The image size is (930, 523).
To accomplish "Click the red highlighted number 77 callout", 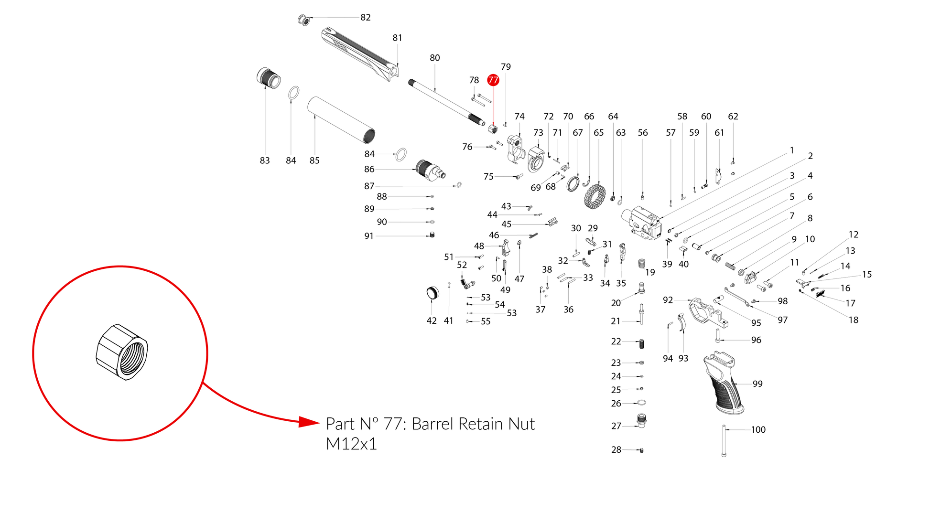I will coord(493,80).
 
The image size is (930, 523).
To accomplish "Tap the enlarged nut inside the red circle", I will coord(122,352).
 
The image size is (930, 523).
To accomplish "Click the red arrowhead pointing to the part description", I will coord(308,422).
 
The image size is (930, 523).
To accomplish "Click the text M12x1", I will coord(351,444).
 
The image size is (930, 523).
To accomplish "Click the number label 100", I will coord(758,430).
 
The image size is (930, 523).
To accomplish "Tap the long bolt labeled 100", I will coord(724,441).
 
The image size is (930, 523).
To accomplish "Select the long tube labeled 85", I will coord(341,120).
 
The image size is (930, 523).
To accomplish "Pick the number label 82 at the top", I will coord(366,18).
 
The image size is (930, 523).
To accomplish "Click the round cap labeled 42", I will coord(432,292).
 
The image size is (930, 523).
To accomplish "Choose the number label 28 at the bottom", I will coord(616,450).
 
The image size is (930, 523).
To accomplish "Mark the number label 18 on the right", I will coord(854,320).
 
